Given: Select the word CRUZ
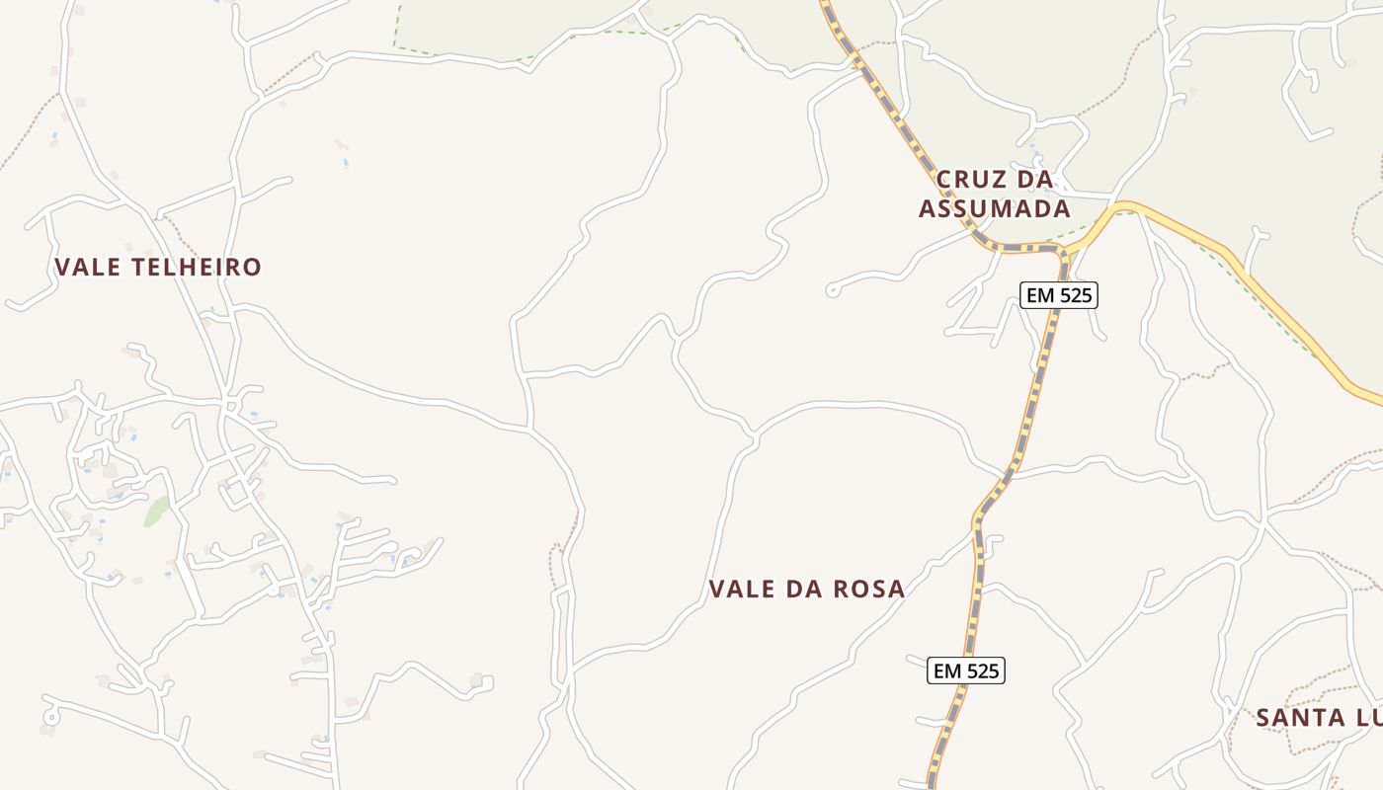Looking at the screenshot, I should point(969,180).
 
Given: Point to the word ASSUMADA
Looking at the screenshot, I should point(995,208).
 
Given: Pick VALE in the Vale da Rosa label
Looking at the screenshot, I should point(742,590).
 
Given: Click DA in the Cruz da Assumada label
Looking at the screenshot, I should point(1033,180).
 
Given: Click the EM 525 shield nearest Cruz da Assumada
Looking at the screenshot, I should point(1059,294).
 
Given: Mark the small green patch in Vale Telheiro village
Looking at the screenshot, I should point(156,512).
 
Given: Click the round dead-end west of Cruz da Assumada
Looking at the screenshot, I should point(832,291).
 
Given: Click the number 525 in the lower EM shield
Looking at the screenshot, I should point(981,671).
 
